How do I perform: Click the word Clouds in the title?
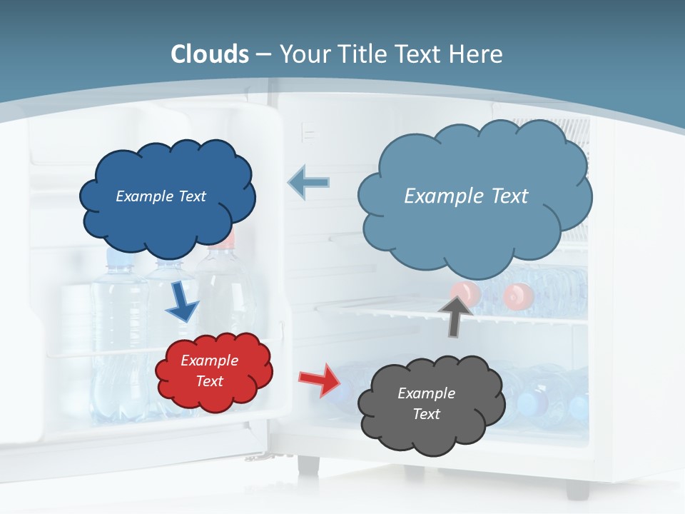point(210,54)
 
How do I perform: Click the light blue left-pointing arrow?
point(308,183)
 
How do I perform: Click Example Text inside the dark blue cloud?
point(161,196)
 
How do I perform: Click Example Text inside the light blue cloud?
point(466,196)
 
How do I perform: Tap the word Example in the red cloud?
point(209,361)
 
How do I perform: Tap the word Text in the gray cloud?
point(426,414)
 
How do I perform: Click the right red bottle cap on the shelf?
point(518,295)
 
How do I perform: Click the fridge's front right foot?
point(577,490)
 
